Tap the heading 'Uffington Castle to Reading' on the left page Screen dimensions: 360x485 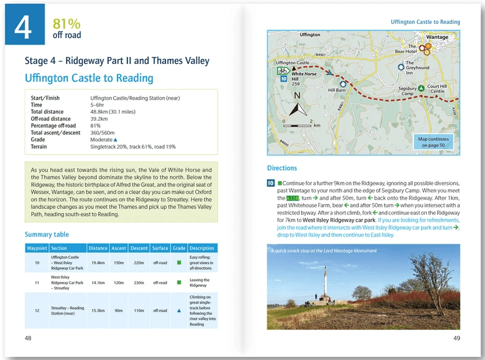click(x=88, y=78)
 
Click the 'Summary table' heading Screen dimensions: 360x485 click(x=46, y=234)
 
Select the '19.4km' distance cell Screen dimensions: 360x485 click(x=98, y=262)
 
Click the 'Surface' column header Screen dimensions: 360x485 click(x=160, y=248)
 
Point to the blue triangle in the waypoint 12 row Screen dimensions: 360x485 click(x=179, y=310)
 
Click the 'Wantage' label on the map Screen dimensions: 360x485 click(x=437, y=37)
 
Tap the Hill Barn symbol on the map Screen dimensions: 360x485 click(x=342, y=83)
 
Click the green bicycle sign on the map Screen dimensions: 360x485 click(x=282, y=70)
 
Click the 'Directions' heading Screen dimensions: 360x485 click(x=282, y=168)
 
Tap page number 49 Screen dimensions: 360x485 click(x=456, y=338)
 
